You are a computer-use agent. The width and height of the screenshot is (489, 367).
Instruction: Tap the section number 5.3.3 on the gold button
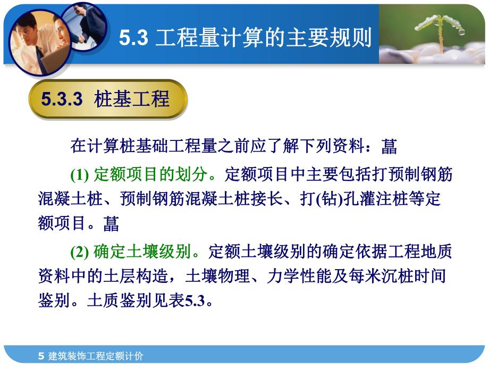[62, 99]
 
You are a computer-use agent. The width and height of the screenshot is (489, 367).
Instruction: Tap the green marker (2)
[80, 251]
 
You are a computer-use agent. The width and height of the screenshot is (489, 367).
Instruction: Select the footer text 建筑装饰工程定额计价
[96, 356]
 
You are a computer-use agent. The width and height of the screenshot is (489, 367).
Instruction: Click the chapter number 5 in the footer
[41, 356]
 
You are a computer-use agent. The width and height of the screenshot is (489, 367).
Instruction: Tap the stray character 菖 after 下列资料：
[389, 146]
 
